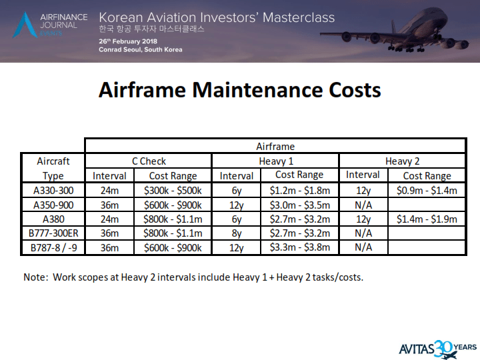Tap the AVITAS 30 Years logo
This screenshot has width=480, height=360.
[x=437, y=347]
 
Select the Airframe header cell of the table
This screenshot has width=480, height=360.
[x=275, y=146]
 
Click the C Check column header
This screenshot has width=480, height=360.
[x=149, y=161]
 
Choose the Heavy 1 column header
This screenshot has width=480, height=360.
[x=275, y=161]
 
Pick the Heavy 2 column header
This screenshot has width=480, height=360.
[x=402, y=161]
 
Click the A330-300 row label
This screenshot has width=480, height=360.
[x=52, y=190]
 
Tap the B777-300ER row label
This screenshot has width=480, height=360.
[x=52, y=233]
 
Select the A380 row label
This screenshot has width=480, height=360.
[x=52, y=219]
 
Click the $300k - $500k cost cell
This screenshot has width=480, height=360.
[x=173, y=190]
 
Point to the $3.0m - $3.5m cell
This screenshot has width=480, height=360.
[x=299, y=205]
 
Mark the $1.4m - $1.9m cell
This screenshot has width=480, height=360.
[x=427, y=219]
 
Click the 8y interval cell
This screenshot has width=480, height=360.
[x=237, y=233]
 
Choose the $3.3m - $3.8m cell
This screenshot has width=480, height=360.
[x=299, y=247]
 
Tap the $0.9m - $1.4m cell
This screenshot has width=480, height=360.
[x=427, y=190]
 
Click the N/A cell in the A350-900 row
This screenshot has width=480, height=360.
[x=363, y=205]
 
